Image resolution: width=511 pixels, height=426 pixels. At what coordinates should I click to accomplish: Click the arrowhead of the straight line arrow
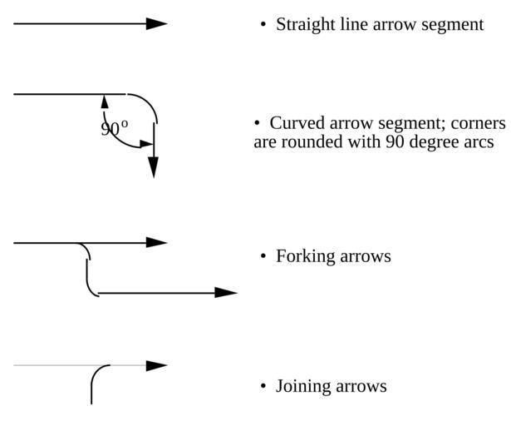tap(157, 24)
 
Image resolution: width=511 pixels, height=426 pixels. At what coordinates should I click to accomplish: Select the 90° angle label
tap(115, 129)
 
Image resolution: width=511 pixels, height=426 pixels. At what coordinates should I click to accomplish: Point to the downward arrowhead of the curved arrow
tap(153, 166)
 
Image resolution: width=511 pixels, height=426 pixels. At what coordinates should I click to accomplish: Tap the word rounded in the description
tap(312, 141)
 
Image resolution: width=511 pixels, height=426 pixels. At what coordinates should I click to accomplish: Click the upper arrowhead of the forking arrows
tap(157, 243)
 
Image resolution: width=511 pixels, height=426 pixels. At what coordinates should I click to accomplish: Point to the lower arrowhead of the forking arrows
tap(226, 293)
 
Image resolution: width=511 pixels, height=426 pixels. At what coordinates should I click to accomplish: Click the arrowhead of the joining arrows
tap(157, 365)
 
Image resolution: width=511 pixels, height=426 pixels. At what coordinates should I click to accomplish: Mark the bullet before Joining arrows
tap(263, 387)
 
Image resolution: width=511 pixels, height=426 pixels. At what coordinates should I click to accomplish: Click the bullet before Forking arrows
tap(263, 256)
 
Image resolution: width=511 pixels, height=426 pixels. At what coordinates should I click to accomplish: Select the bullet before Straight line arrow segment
tap(263, 25)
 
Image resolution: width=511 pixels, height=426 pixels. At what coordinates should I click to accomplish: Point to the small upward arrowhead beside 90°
tap(105, 102)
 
